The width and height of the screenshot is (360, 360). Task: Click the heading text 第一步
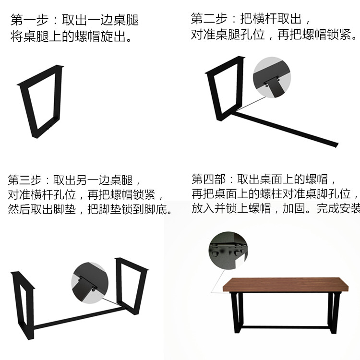pos(29,20)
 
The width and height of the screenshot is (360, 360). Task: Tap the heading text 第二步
pos(209,18)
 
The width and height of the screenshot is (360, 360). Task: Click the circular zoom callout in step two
pos(272,77)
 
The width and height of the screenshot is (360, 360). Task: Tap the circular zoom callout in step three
pos(90,283)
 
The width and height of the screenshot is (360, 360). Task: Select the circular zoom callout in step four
pos(228,250)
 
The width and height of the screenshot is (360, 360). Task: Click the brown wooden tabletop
pos(286,285)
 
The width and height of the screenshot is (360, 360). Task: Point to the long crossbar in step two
pos(285,129)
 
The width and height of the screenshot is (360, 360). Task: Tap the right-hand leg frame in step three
pos(131,287)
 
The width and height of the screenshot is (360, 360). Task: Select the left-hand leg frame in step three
pos(23,305)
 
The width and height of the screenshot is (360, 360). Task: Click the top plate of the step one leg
pos(40,75)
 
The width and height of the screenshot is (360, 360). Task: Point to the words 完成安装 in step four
pos(338,208)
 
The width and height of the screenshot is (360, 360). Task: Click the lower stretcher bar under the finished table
pos(285,327)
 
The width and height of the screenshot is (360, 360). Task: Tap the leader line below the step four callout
pos(217,281)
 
